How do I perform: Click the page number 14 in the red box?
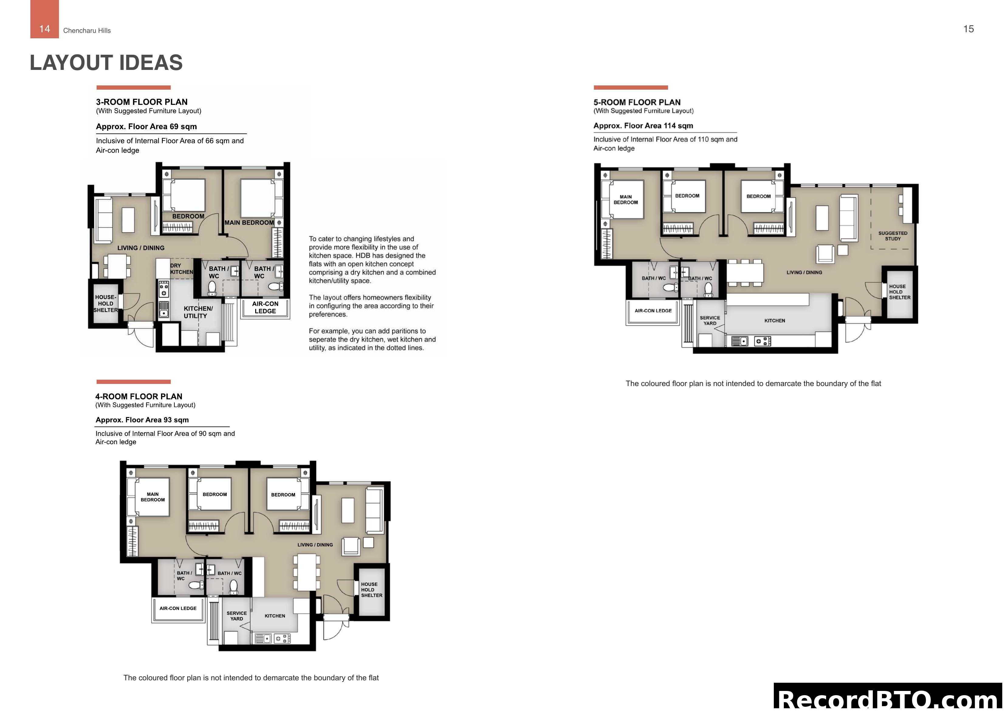tap(44, 29)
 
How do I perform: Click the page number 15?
tap(968, 29)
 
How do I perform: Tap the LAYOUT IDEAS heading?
tap(106, 63)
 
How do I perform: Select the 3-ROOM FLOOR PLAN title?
tap(142, 102)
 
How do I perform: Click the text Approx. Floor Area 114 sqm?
tap(643, 126)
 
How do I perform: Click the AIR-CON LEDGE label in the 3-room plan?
tap(265, 307)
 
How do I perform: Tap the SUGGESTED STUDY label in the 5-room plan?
tap(893, 236)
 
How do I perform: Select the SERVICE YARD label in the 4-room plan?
tap(236, 616)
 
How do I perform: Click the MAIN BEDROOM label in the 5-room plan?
tap(626, 199)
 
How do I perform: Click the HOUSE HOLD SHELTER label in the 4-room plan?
tap(371, 590)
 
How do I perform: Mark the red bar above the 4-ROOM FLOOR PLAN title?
tap(133, 381)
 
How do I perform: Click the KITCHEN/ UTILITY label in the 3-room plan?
tap(198, 312)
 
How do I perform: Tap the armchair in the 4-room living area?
tap(351, 546)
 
